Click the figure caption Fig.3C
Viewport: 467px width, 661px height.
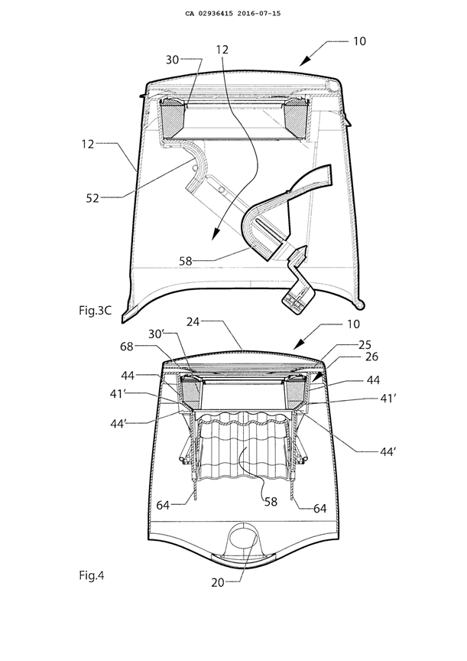96,311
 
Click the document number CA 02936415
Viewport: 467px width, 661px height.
208,13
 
